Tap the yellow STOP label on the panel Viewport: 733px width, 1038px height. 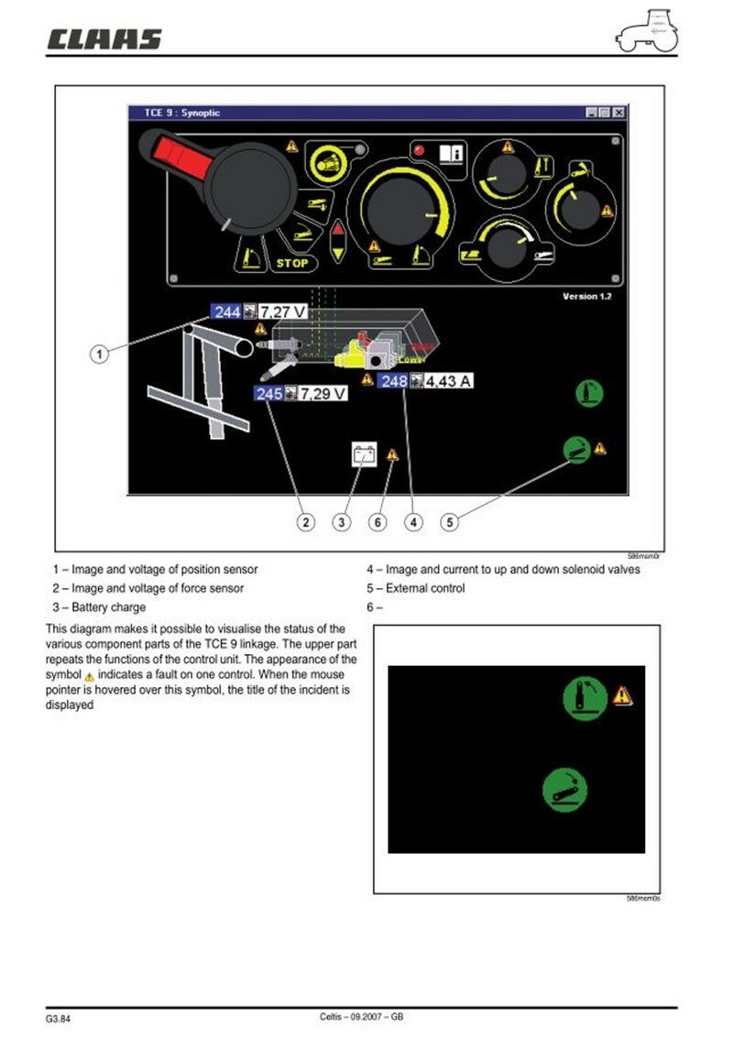(x=294, y=263)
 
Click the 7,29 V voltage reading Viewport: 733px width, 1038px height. (x=323, y=394)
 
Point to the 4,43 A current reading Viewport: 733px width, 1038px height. (x=447, y=380)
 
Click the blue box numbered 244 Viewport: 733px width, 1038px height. (x=226, y=312)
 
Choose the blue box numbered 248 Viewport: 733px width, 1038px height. (x=394, y=380)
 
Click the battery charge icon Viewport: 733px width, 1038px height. (x=365, y=453)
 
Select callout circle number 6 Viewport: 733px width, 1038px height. (x=377, y=522)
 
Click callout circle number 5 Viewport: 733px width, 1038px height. (x=449, y=522)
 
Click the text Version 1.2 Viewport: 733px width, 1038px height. (x=586, y=297)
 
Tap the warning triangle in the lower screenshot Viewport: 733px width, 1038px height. (x=622, y=695)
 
